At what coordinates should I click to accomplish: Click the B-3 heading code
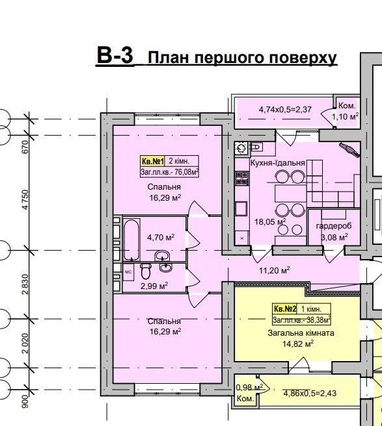[115, 56]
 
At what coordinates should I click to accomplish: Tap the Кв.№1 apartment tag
[152, 162]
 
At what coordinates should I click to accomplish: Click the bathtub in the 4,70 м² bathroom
[132, 240]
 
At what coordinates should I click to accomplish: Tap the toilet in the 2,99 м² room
[146, 271]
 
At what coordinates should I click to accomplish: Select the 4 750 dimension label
[25, 199]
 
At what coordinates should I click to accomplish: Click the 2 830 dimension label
[25, 284]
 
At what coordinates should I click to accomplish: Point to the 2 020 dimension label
[25, 343]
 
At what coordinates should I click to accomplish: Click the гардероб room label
[334, 225]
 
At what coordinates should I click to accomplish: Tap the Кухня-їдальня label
[277, 163]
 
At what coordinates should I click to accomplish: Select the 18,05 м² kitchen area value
[270, 221]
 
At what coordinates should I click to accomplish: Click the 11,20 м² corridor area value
[274, 270]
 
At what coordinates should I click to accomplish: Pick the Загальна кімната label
[301, 332]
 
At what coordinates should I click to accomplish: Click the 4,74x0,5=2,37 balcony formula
[285, 110]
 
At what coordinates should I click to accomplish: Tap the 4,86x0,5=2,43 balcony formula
[310, 393]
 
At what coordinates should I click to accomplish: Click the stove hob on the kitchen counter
[242, 178]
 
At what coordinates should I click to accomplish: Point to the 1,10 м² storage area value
[345, 116]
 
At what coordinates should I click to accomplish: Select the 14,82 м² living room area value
[298, 344]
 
